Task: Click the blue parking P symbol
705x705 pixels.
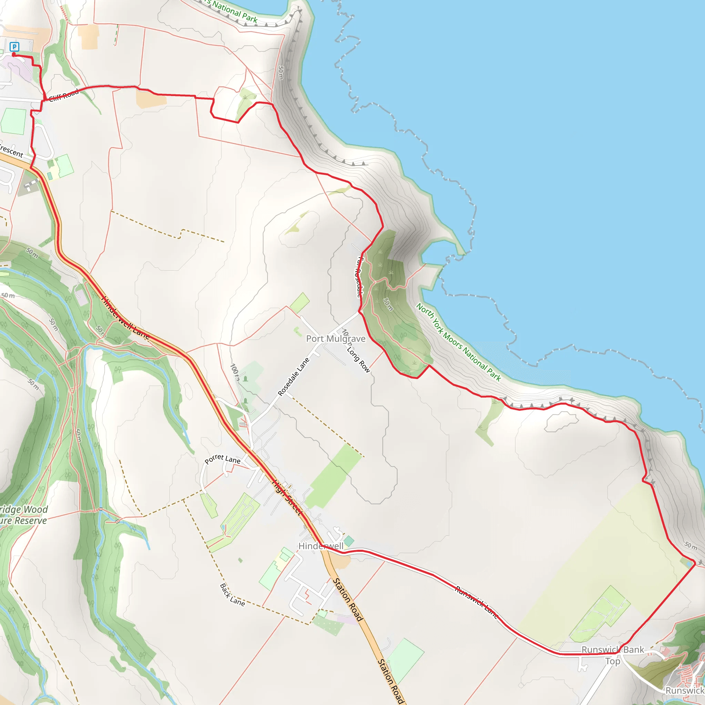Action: (14, 46)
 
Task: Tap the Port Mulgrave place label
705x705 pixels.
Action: (335, 339)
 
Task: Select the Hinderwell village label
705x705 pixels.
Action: (321, 546)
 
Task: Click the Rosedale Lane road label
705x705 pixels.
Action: (293, 377)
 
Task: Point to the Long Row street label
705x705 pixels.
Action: (358, 359)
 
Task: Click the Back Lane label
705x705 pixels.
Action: (232, 595)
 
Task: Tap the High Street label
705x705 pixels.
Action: (287, 497)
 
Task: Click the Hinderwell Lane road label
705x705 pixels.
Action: (125, 318)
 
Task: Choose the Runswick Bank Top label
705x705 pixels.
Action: (613, 655)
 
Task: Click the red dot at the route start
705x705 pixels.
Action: (14, 55)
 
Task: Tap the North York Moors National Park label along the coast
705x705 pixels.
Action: (458, 342)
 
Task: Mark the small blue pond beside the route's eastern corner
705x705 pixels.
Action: (688, 564)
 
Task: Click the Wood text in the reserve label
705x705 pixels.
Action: (35, 509)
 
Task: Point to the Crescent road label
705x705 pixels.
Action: (11, 151)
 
